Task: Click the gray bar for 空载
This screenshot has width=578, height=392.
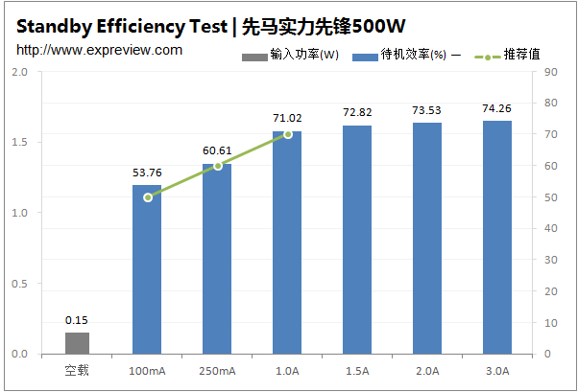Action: click(77, 343)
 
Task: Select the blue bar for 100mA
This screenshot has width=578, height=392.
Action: click(147, 269)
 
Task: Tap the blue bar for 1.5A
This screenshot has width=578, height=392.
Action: click(357, 240)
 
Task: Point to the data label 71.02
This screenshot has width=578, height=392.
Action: click(287, 119)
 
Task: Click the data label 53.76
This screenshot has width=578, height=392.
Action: click(147, 173)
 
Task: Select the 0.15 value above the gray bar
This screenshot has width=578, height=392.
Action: click(77, 320)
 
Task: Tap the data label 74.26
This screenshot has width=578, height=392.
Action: click(497, 108)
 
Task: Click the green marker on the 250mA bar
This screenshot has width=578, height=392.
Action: click(218, 166)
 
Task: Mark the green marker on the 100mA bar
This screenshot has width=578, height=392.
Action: click(148, 197)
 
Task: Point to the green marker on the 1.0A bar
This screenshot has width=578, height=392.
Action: click(287, 134)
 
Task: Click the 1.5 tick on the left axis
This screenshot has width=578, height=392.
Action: click(18, 143)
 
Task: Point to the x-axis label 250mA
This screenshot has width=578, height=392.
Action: click(217, 370)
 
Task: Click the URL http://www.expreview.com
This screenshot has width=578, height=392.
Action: click(99, 49)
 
